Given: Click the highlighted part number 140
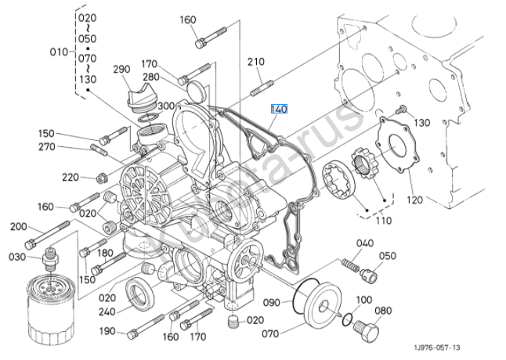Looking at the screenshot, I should [280, 110].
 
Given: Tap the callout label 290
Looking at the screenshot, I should [121, 70].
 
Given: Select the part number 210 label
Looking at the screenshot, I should [257, 61].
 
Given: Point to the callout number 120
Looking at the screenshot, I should [414, 200].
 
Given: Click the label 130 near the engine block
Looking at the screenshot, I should [422, 123].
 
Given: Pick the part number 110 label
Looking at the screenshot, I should [384, 221].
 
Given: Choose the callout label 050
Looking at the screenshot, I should [388, 256].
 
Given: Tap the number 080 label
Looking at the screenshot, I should [383, 310].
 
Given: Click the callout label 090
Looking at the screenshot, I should [272, 301].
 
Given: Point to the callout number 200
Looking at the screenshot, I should [18, 227].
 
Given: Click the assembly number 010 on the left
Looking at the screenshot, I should [60, 52].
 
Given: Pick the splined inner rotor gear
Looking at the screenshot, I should [366, 163].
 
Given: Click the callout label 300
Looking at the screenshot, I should [166, 106].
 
